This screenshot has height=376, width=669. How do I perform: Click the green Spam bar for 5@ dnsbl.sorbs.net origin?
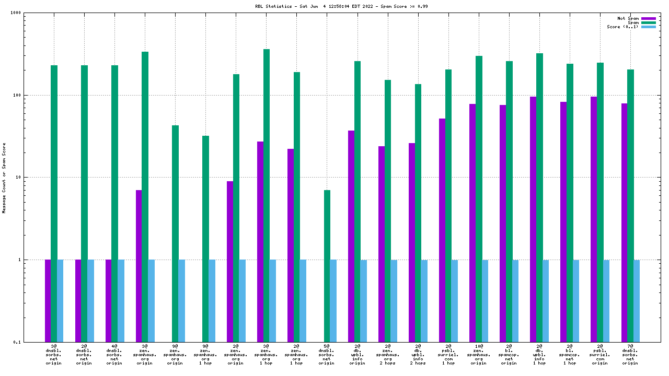tap(327, 266)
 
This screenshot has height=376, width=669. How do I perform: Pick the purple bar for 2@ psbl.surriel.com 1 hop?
tap(442, 230)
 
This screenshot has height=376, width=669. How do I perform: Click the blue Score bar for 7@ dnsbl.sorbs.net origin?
tap(637, 301)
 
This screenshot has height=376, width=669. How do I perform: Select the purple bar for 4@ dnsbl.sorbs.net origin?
tap(108, 301)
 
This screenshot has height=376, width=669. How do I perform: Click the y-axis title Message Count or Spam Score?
tap(4, 178)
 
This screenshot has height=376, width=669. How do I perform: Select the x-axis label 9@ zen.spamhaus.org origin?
tap(175, 355)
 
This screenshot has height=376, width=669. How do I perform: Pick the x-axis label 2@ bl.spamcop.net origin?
tap(509, 355)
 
